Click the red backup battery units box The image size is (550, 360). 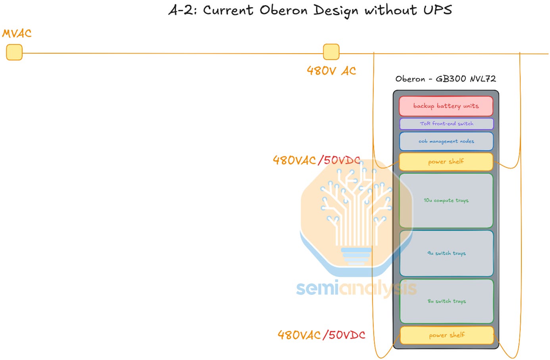pyautogui.click(x=446, y=106)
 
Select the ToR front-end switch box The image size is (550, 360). pyautogui.click(x=446, y=124)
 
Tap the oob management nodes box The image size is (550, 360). pyautogui.click(x=446, y=141)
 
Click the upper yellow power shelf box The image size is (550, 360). pyautogui.click(x=446, y=162)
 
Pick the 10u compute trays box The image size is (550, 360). pyautogui.click(x=446, y=200)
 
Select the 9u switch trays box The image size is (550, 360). pyautogui.click(x=446, y=253)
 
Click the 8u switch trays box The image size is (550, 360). pyautogui.click(x=446, y=301)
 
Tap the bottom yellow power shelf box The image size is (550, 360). pyautogui.click(x=447, y=335)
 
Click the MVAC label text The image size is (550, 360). pyautogui.click(x=17, y=33)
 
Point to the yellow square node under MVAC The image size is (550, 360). pyautogui.click(x=14, y=52)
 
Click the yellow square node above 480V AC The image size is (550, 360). pyautogui.click(x=331, y=52)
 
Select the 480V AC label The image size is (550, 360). pyautogui.click(x=331, y=71)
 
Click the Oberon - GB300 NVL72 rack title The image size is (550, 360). pyautogui.click(x=445, y=79)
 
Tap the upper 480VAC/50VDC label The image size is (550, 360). pyautogui.click(x=317, y=160)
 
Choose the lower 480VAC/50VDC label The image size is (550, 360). pyautogui.click(x=321, y=335)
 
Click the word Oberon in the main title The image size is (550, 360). pyautogui.click(x=284, y=11)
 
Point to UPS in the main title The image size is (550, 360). pyautogui.click(x=438, y=10)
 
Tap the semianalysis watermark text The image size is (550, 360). pyautogui.click(x=356, y=289)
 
